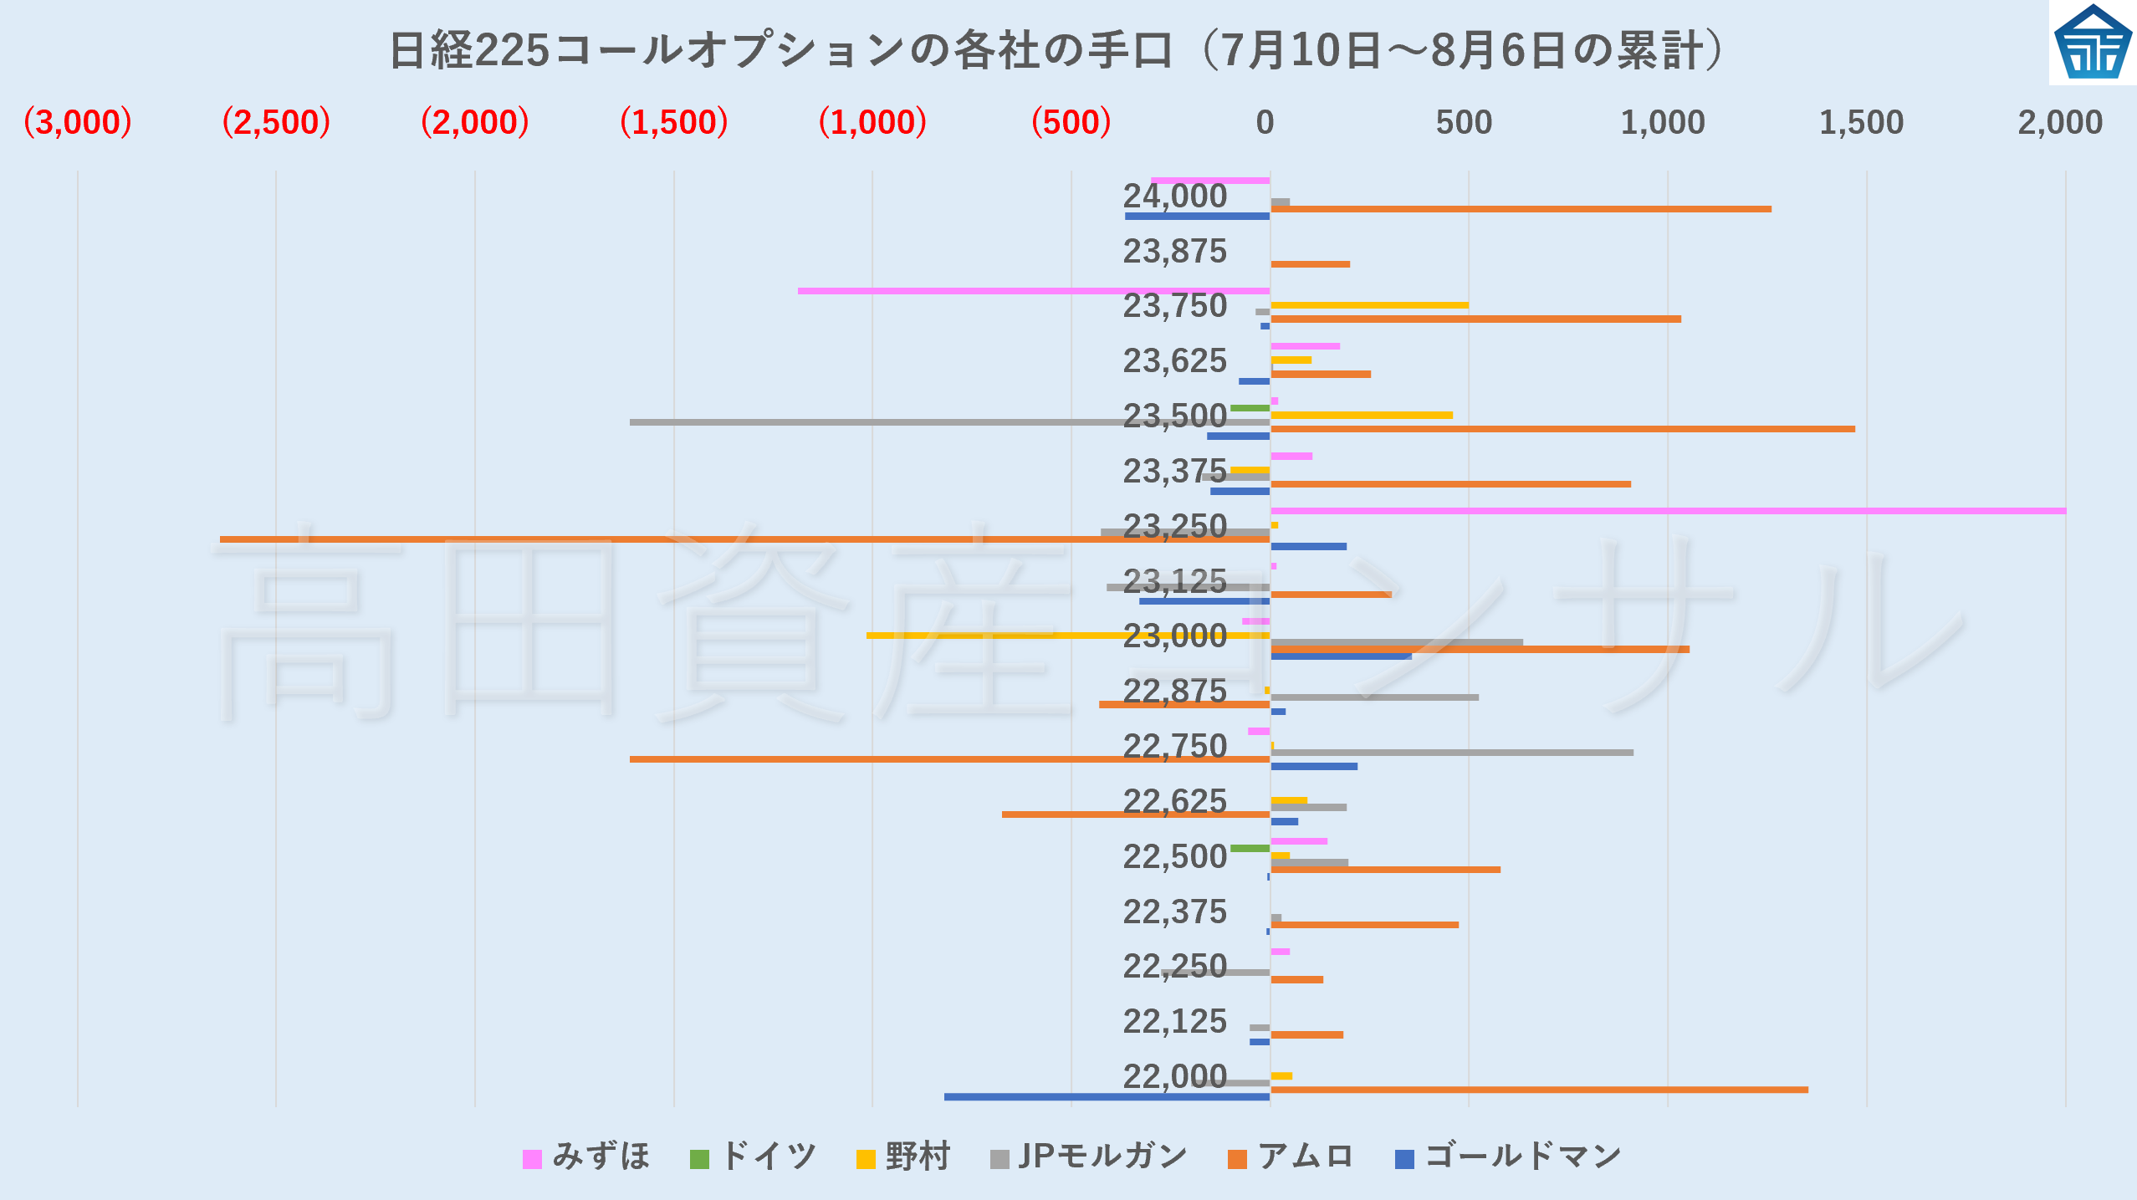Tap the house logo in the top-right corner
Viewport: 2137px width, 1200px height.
[x=2093, y=43]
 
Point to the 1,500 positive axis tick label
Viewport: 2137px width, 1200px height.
[x=1861, y=123]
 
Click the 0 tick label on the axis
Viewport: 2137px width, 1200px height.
[x=1265, y=123]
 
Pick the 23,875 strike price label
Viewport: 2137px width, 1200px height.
[x=1174, y=251]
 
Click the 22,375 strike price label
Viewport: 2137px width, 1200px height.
[x=1174, y=911]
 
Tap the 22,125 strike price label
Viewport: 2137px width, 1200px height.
[x=1174, y=1021]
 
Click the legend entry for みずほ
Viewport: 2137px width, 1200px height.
[x=586, y=1157]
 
